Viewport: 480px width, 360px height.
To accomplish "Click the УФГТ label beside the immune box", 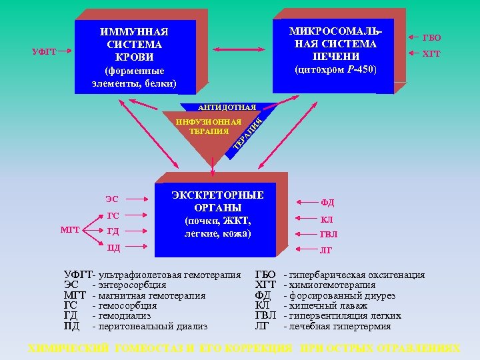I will pos(45,52).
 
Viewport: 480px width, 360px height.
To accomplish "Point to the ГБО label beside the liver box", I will pos(431,38).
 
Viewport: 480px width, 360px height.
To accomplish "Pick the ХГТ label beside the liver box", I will pos(431,54).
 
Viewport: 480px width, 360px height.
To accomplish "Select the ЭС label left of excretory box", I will pos(112,199).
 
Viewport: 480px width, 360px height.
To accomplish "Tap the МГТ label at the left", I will pos(70,230).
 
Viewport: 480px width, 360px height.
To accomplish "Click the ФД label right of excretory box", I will pos(327,203).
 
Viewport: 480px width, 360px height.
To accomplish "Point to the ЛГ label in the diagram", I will pos(327,251).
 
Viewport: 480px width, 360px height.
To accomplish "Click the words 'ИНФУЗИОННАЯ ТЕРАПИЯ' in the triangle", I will pos(208,127).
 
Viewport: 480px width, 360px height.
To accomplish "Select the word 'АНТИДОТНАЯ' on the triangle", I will pos(227,107).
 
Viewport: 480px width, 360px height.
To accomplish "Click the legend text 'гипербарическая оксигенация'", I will pos(355,275).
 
